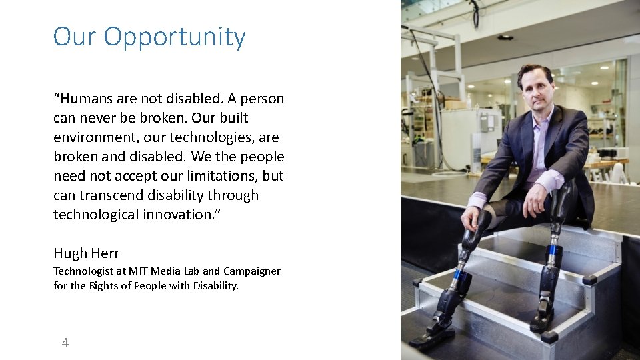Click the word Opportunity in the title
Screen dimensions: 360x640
coord(175,37)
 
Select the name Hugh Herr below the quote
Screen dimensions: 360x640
coord(86,253)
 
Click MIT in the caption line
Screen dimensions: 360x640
coord(139,271)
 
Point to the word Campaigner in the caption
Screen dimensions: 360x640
coord(251,271)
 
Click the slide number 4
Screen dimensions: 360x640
coord(65,343)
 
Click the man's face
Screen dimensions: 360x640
coord(535,90)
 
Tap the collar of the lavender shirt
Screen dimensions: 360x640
coord(541,115)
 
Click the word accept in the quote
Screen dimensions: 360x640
coord(131,176)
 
